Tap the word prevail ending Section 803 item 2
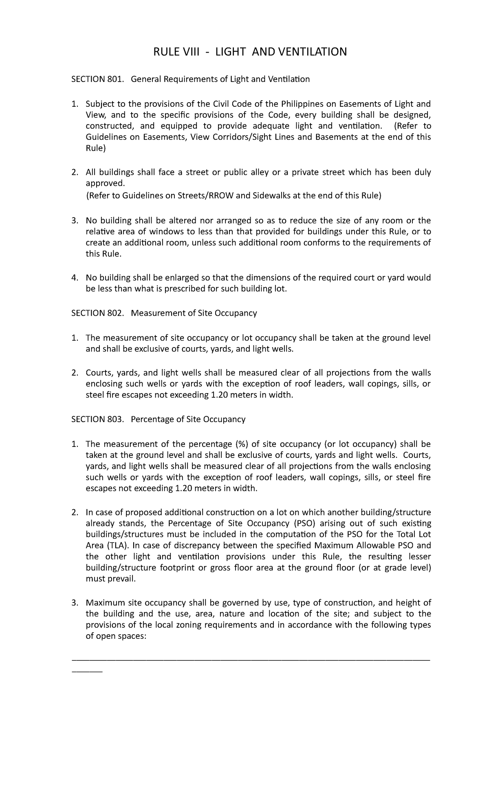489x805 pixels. point(121,579)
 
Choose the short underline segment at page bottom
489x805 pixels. point(87,671)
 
